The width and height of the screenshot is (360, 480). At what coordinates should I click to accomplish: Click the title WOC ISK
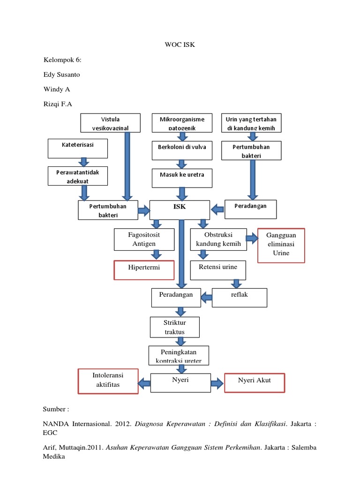(x=180, y=45)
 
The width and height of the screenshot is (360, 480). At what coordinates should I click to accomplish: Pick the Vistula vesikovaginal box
(x=110, y=123)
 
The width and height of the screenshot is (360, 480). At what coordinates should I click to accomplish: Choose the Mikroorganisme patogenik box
(x=182, y=123)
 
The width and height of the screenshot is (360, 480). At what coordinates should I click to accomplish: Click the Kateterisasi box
(x=78, y=149)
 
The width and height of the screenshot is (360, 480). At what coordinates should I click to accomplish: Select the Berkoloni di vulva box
(x=182, y=150)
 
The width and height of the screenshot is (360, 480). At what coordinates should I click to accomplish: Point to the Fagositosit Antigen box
(x=144, y=239)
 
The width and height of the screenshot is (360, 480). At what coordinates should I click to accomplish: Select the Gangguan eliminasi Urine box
(x=281, y=245)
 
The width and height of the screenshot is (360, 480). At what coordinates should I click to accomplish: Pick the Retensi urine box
(x=218, y=270)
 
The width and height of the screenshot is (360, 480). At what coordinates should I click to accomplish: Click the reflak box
(x=240, y=298)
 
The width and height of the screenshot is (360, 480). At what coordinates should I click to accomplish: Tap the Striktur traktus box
(x=174, y=327)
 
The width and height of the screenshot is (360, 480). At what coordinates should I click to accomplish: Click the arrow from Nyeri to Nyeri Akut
(x=216, y=383)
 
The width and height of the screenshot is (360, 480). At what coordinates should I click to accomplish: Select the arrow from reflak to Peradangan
(x=206, y=295)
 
